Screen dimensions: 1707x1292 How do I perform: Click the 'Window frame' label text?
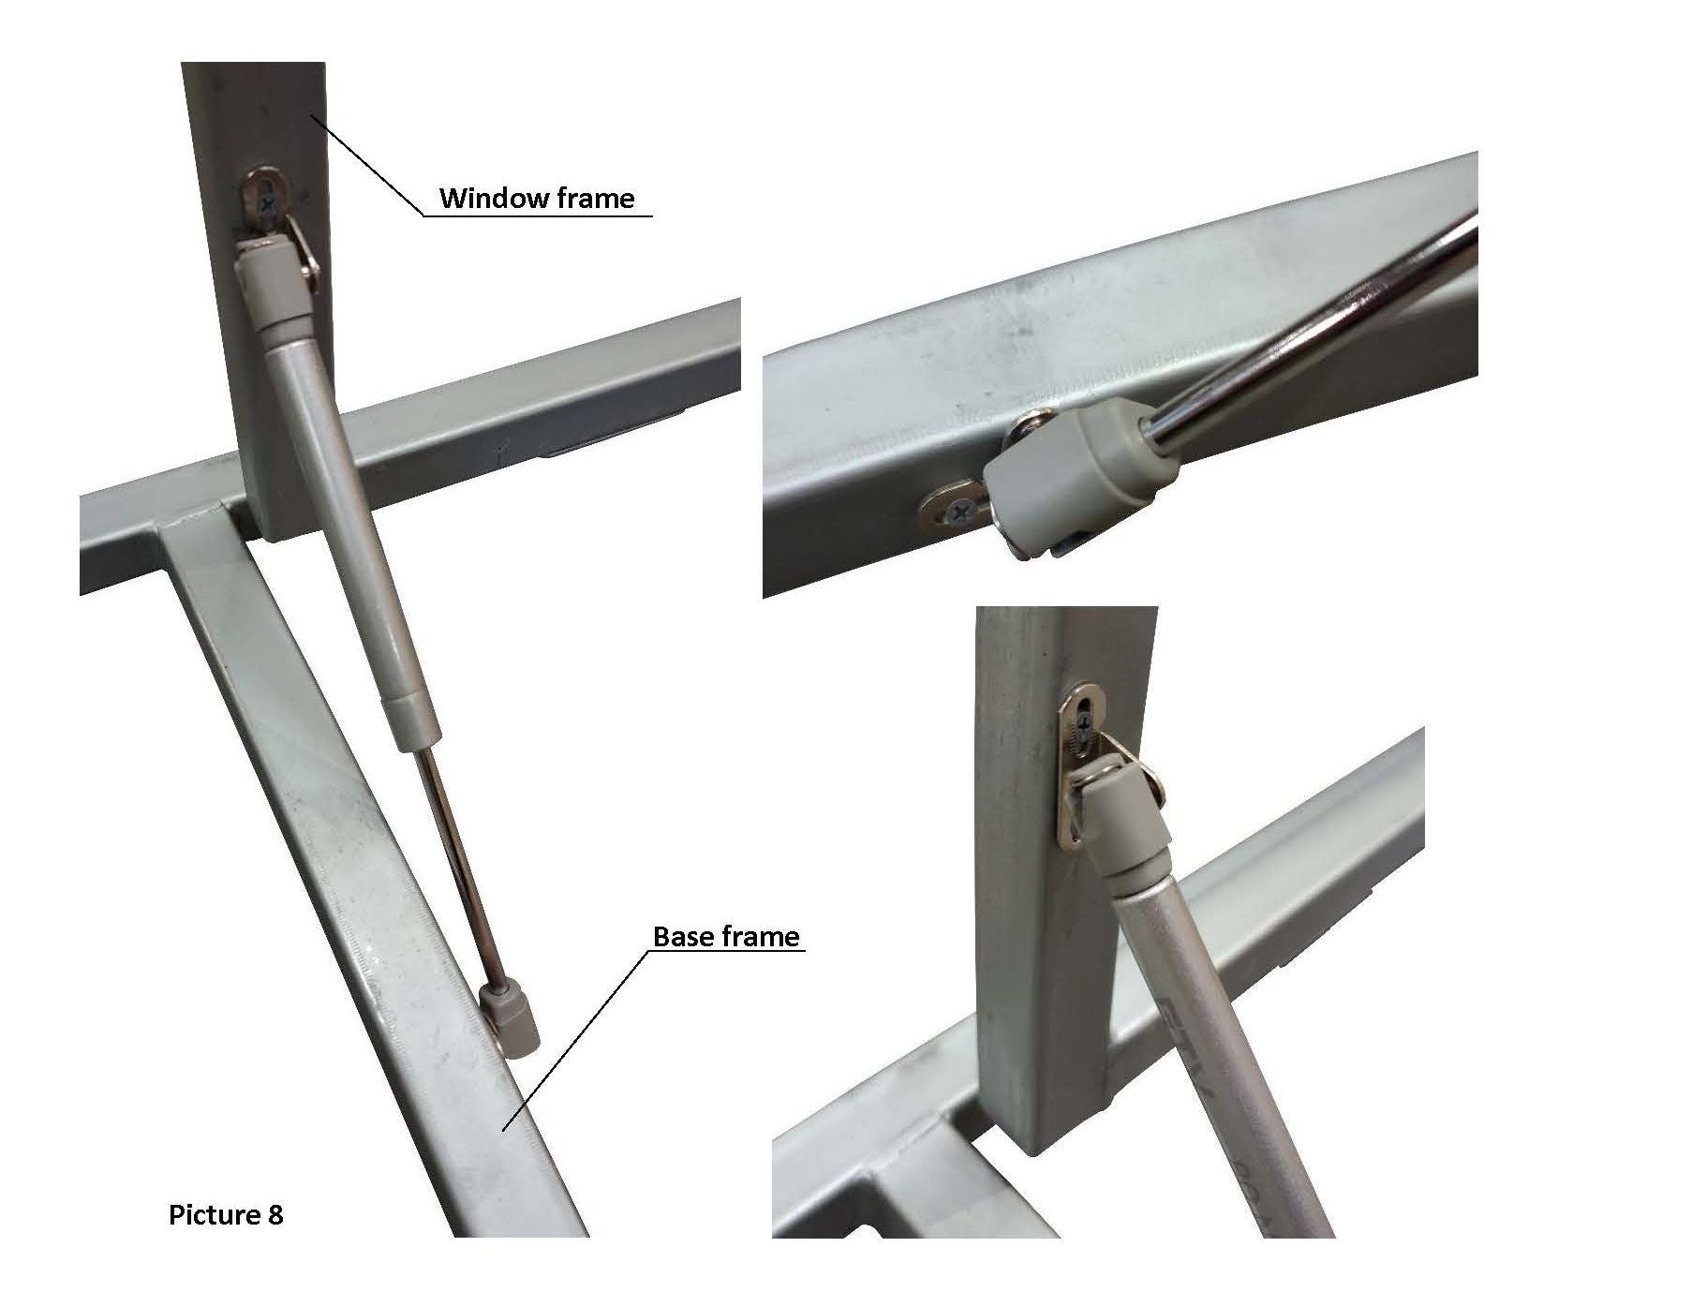click(537, 199)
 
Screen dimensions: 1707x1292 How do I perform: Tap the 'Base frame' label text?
click(726, 937)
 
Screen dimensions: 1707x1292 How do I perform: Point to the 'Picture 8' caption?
click(226, 1215)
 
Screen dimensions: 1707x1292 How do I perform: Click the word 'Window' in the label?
click(488, 199)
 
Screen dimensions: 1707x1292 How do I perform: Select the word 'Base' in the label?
click(681, 937)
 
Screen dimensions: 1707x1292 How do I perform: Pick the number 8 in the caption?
click(275, 1215)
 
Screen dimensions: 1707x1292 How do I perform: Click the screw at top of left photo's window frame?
click(272, 199)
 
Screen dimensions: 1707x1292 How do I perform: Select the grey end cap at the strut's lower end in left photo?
click(511, 1021)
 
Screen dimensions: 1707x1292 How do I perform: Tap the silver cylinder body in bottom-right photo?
click(1218, 1049)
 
